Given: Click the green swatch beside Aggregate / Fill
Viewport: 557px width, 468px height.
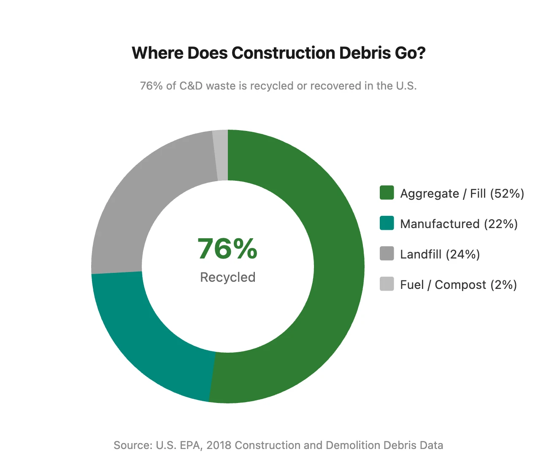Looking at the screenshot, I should (x=387, y=193).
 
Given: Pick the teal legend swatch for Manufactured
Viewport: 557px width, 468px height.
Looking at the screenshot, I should (x=387, y=223).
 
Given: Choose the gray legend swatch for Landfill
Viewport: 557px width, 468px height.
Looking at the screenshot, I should (x=387, y=253).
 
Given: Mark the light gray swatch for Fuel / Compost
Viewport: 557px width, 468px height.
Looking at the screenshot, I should (x=387, y=284).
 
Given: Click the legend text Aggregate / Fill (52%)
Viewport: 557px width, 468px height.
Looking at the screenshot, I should (x=462, y=193).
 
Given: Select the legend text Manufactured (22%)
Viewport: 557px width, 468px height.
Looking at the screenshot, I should (x=459, y=224).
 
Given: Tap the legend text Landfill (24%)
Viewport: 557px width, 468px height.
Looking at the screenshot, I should (x=440, y=254).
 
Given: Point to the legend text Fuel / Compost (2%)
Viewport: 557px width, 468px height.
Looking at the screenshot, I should (x=458, y=285).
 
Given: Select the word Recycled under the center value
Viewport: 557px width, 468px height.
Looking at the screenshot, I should (x=227, y=277).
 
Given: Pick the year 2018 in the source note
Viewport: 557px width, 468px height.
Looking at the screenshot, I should (x=219, y=445).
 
